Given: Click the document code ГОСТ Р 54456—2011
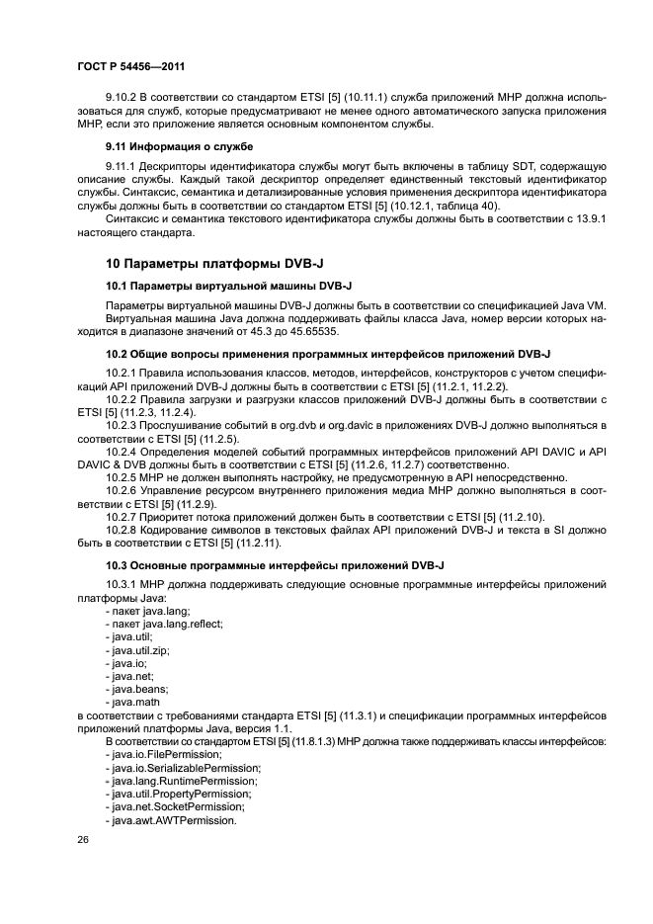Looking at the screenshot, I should pos(130,66).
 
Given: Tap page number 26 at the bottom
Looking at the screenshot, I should pos(82,840).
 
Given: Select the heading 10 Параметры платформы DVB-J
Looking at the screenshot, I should pos(203,263).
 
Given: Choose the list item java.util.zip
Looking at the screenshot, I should pos(140,651).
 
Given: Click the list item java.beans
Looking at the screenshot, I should pos(139,688).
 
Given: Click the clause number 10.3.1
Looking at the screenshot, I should pos(124,585).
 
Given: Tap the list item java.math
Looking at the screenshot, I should pos(137,702).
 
